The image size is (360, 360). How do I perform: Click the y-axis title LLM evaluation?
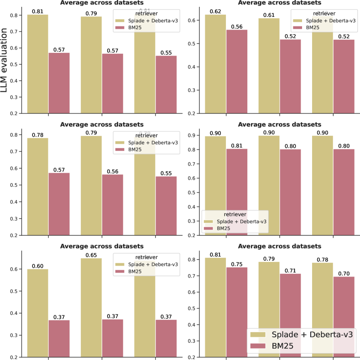click(6, 61)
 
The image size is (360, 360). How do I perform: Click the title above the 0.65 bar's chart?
click(102, 246)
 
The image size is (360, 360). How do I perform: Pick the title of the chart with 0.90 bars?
click(280, 124)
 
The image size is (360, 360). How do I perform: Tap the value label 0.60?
click(38, 265)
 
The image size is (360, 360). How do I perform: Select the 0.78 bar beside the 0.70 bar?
click(323, 310)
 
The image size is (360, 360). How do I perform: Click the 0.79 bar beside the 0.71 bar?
click(269, 309)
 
